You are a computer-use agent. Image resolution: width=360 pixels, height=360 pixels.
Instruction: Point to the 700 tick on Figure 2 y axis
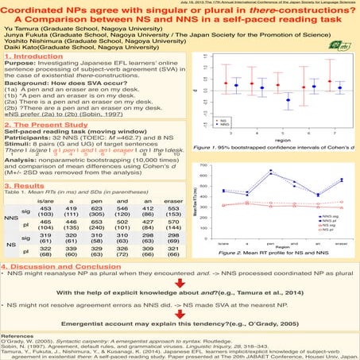click(206, 165)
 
